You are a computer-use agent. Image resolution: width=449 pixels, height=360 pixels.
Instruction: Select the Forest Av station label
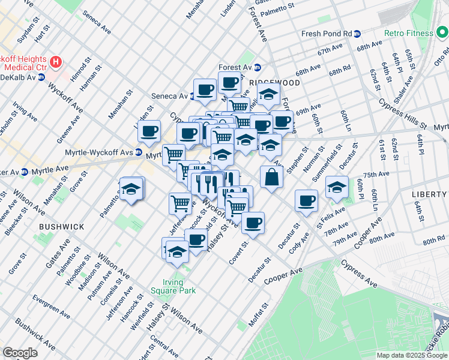point(235,67)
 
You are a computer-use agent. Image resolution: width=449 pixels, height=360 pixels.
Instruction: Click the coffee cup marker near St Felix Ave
point(306,200)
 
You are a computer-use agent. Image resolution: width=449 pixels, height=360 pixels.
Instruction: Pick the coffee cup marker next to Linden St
point(148,131)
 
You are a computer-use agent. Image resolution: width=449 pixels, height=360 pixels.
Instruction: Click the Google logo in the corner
point(20,353)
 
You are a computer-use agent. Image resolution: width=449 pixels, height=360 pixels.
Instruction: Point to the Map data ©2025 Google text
point(412,355)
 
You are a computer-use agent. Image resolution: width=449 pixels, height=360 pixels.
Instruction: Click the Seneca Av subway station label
point(169,96)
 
